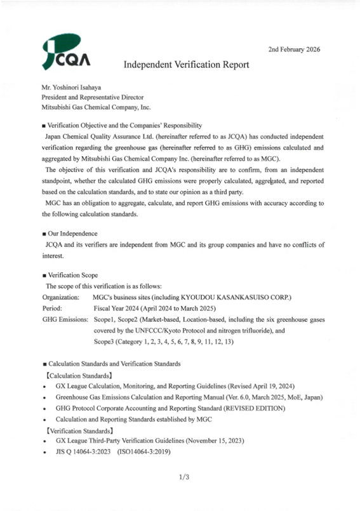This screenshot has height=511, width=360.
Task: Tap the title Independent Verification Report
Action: coord(185,65)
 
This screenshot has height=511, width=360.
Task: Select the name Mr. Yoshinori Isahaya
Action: coord(72,88)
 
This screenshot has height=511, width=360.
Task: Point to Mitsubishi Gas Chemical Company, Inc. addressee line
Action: coord(96,108)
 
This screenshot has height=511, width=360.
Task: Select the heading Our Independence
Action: coord(70,234)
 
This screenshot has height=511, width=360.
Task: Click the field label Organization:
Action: coord(60,297)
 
